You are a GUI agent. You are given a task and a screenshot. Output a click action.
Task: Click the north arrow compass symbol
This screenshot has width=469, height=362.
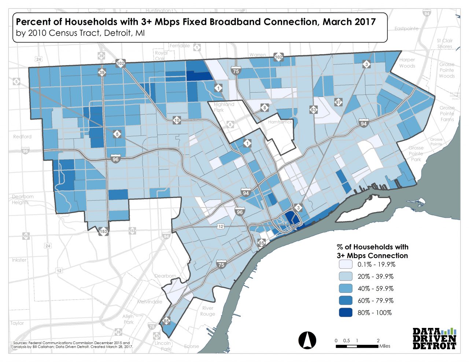tap(307, 340)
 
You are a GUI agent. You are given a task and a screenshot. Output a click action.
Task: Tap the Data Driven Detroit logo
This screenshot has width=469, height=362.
tap(434, 339)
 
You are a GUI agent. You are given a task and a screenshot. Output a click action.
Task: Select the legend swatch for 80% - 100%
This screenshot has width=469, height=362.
tap(345, 313)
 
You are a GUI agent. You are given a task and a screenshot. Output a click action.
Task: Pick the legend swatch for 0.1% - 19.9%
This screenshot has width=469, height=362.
tap(345, 264)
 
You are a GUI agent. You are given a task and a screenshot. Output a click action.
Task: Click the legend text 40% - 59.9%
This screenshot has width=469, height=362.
tap(375, 288)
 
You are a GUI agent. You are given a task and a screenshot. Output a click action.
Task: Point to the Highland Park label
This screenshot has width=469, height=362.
tap(224, 107)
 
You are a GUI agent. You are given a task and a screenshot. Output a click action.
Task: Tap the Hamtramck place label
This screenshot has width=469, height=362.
tap(280, 122)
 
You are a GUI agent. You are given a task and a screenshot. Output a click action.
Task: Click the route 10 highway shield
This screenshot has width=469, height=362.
tap(177, 120)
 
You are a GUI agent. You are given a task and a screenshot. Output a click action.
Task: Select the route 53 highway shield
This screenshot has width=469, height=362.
tap(313, 109)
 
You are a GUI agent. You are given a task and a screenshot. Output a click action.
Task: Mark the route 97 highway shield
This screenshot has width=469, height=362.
tap(339, 102)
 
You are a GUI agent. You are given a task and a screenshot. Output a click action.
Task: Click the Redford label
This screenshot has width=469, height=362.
tap(22, 137)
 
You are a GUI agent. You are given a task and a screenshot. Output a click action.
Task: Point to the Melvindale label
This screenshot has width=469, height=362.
tap(149, 302)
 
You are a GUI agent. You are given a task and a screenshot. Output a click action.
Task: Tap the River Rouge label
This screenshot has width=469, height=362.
tap(208, 311)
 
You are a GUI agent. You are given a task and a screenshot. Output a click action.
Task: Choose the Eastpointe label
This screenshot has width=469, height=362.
tap(406, 29)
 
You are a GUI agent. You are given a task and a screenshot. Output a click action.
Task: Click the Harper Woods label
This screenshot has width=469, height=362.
tap(407, 63)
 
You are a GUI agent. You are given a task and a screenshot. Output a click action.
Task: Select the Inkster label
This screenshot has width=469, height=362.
tap(19, 260)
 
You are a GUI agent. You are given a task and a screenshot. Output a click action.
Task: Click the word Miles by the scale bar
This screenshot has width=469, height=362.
tap(385, 346)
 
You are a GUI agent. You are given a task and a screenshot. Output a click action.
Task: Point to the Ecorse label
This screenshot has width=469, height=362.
tap(192, 346)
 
